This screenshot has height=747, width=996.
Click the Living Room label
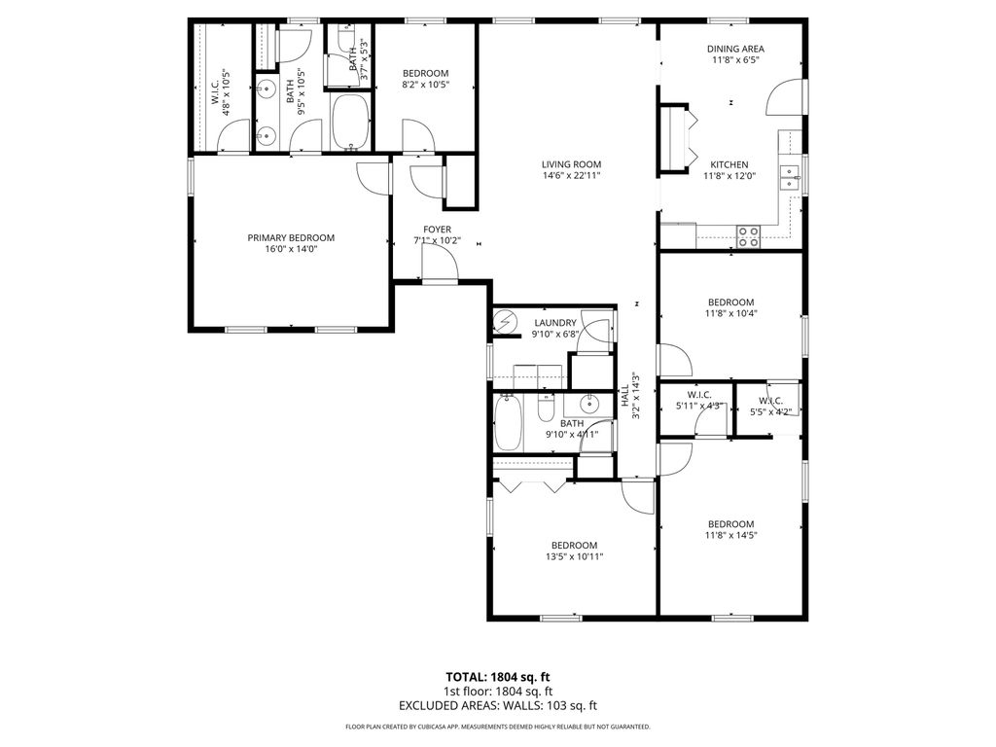pos(571,164)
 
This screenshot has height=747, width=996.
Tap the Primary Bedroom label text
pos(291,237)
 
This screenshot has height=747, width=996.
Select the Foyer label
pos(437,230)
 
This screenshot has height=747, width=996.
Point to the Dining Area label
pos(734,48)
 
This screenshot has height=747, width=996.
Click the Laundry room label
pos(555,323)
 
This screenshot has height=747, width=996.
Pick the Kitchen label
pos(729,164)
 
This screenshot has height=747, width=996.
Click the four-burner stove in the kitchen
pos(748,236)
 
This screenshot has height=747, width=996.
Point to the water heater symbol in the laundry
pos(506,322)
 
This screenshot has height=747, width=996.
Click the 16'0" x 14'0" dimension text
pos(291,249)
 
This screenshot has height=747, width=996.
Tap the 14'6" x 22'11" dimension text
pos(571,176)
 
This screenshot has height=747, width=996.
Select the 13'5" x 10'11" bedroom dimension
pos(574,557)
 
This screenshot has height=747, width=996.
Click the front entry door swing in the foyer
pos(444,265)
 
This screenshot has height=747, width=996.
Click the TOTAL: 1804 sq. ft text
pos(498,676)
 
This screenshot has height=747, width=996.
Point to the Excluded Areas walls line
pos(498,705)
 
